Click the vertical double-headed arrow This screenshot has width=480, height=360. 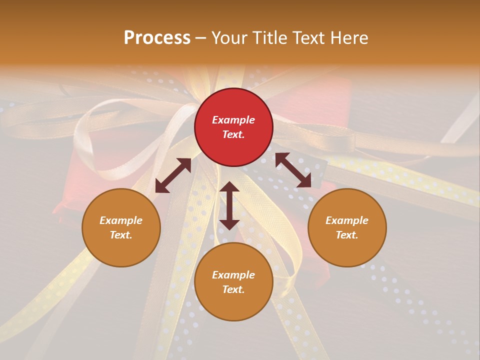pos(229,205)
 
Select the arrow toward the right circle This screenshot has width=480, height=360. pos(293,170)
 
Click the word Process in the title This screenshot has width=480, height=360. pos(157,37)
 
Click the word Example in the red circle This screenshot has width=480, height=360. pos(233,120)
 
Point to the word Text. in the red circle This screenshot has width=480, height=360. pos(233,134)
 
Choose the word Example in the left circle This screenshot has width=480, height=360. pos(121,220)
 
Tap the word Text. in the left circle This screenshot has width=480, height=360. pos(121,235)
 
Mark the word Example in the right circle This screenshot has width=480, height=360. pos(347,220)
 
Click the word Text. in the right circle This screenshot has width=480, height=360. pos(347,235)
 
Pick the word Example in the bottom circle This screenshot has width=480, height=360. pos(233,275)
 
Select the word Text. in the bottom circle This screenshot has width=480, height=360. pos(233,289)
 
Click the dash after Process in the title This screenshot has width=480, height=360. pos(201,38)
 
